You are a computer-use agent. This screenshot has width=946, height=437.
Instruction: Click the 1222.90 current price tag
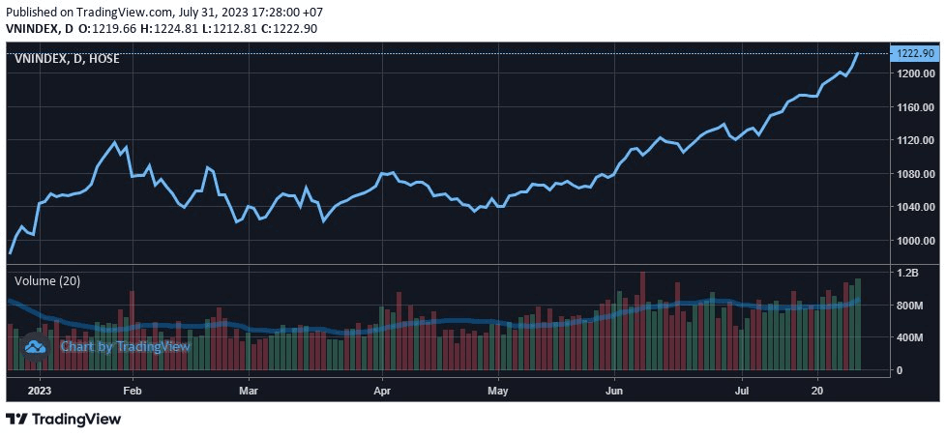click(914, 53)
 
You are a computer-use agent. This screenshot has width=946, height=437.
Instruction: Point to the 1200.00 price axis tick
click(914, 73)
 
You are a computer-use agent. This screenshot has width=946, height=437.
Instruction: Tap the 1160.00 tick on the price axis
click(914, 106)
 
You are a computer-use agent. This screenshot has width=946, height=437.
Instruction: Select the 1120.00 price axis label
click(914, 140)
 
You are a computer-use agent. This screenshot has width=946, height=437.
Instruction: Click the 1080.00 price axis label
click(914, 174)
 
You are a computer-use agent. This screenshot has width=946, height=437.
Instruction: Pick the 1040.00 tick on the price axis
click(914, 207)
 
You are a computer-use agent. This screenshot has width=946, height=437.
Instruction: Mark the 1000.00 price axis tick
click(914, 241)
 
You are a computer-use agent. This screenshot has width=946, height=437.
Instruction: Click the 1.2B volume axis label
click(907, 274)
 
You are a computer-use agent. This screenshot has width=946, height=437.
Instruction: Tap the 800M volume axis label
click(910, 306)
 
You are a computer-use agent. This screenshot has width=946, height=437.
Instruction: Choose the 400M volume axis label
click(910, 337)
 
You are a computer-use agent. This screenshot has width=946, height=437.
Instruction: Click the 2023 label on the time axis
click(39, 391)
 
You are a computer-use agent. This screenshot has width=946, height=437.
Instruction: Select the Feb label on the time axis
click(133, 391)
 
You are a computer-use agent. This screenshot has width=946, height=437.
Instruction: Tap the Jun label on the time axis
click(613, 391)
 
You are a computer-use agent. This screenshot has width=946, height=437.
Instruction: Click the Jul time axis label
click(742, 391)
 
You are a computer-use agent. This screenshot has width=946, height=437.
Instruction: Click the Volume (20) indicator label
click(46, 280)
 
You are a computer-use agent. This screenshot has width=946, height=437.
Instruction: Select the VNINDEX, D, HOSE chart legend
click(66, 59)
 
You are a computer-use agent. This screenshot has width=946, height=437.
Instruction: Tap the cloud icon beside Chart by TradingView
click(36, 345)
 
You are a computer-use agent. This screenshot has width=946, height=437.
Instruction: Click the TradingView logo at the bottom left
click(64, 420)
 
